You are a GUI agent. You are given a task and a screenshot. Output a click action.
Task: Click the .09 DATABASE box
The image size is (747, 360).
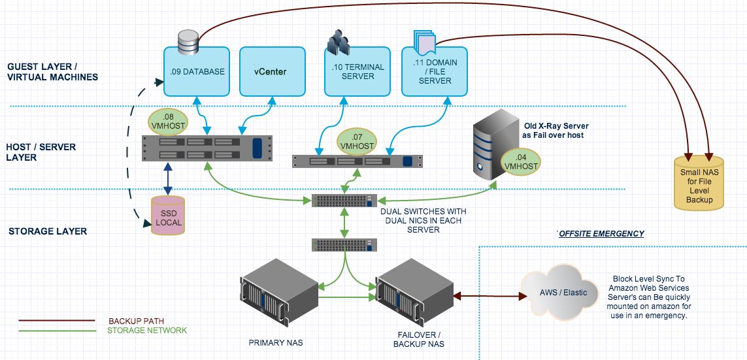pos(197,72)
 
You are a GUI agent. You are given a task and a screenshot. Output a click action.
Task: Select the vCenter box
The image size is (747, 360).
pos(272,72)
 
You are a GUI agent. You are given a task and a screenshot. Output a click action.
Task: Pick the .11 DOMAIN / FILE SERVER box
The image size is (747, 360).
pos(434,72)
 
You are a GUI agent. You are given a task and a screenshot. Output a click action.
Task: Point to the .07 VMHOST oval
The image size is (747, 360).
pos(357,142)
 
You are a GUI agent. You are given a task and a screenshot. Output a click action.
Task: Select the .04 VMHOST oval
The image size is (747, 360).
pos(520,162)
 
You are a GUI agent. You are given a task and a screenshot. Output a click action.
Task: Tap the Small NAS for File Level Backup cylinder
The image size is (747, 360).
pos(699,182)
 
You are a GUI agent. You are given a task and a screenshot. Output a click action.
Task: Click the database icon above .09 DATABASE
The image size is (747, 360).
pos(188,41)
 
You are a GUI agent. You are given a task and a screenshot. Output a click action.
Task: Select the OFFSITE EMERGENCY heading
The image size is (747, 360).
pos(601,234)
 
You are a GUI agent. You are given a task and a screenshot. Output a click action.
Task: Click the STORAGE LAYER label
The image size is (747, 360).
pos(48,231)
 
